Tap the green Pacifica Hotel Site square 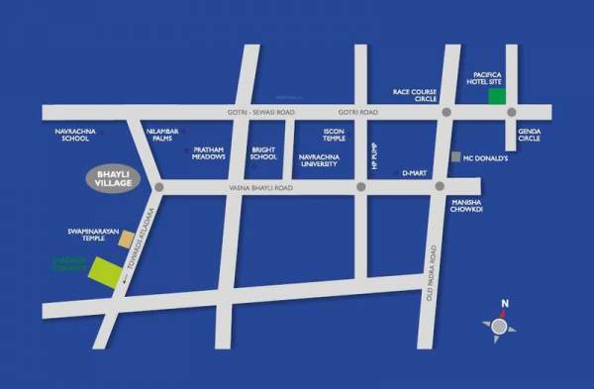pyautogui.click(x=498, y=97)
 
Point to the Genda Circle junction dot pyautogui.click(x=513, y=112)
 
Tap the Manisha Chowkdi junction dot pyautogui.click(x=440, y=185)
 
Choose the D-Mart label pyautogui.click(x=413, y=173)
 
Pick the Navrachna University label pyautogui.click(x=320, y=159)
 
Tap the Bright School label pyautogui.click(x=263, y=152)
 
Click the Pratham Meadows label pyautogui.click(x=209, y=152)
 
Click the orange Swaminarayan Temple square pyautogui.click(x=126, y=239)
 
